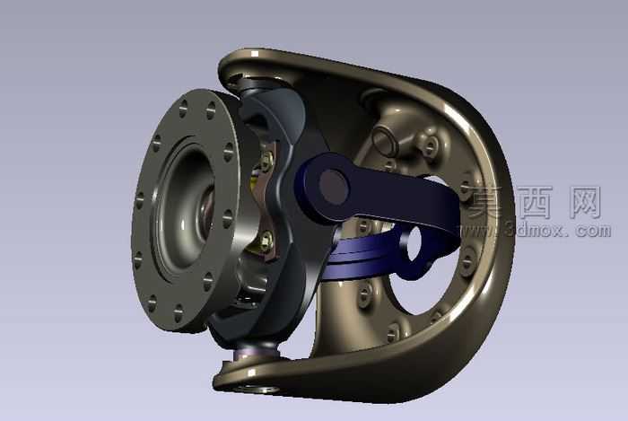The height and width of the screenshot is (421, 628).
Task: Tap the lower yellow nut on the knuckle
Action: pos(265,240)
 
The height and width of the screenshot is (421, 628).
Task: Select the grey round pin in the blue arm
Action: pos(334,187)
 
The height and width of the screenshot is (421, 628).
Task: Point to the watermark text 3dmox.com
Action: pos(557,230)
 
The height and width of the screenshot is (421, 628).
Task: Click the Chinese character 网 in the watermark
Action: pos(584,202)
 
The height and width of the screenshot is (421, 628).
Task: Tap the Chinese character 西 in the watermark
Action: pos(535,202)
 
